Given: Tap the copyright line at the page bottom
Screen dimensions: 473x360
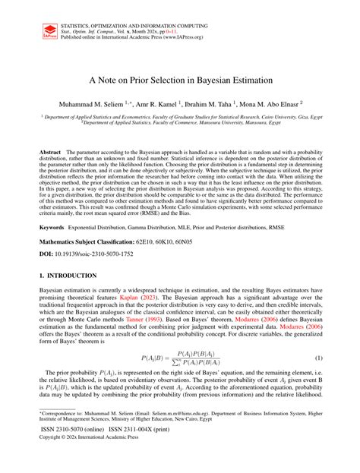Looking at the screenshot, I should (87, 460).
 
